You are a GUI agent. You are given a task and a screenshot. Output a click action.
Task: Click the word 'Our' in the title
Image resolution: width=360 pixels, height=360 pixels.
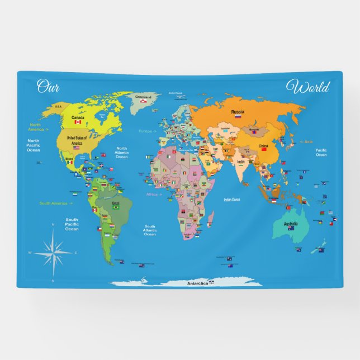(x=48, y=86)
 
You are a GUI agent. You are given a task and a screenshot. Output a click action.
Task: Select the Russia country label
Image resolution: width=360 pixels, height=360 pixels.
(x=238, y=111)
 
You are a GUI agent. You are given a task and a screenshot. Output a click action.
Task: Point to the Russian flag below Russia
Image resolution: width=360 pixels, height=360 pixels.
(x=238, y=117)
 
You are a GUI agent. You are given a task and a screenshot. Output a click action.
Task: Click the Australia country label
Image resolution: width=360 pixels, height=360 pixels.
(x=290, y=224)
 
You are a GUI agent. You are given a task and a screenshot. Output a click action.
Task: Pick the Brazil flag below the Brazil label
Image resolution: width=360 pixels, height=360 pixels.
(x=116, y=207)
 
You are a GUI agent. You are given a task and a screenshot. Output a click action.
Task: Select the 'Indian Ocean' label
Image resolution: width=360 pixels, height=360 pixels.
(x=231, y=200)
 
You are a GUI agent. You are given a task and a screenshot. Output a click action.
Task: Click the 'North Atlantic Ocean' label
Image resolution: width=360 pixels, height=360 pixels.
(x=122, y=152)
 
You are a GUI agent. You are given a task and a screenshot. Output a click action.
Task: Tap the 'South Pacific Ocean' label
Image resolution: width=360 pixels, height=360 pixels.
(x=72, y=224)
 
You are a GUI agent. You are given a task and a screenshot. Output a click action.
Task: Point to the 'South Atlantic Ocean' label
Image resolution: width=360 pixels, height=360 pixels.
(x=150, y=230)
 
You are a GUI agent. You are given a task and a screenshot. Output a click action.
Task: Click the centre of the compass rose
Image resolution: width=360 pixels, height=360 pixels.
(x=53, y=252)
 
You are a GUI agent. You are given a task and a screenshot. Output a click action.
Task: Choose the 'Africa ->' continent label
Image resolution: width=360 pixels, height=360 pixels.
(x=154, y=195)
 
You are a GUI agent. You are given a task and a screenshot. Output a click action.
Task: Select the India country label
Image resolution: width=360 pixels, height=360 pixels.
(x=241, y=162)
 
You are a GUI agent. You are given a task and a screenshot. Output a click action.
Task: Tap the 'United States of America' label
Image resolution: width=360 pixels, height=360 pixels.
(x=77, y=140)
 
